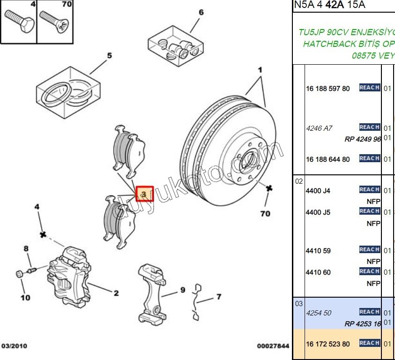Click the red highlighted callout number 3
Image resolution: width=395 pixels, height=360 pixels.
point(144,193)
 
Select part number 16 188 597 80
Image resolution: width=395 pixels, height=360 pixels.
point(328,89)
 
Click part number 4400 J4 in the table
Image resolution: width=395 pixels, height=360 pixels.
point(318,191)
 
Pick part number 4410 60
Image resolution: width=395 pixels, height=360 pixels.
point(318,272)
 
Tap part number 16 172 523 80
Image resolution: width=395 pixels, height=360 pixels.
point(328,344)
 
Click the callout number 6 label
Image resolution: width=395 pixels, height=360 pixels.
point(201,12)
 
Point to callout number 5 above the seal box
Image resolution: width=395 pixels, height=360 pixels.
point(109,56)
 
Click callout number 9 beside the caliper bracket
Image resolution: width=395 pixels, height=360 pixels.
point(183,290)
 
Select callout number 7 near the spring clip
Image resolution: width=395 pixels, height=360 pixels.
point(218,297)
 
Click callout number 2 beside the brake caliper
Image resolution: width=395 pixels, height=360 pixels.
point(116,293)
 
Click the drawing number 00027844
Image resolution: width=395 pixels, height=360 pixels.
point(273,346)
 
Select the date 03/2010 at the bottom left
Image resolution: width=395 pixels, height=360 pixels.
point(14,346)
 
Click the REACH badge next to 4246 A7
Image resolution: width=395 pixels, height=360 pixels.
point(369,127)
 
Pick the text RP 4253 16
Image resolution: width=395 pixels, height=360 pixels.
point(362,323)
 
